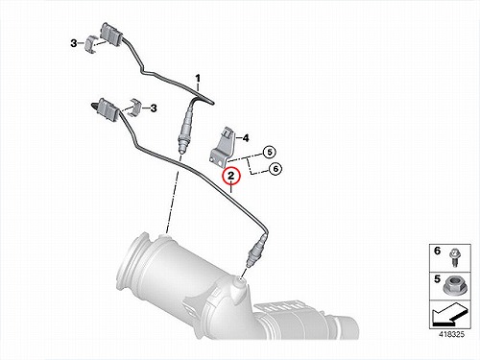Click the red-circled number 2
[x=231, y=176]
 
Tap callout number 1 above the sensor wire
[x=198, y=78]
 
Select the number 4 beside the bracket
[x=246, y=138]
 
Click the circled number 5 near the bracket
[x=270, y=152]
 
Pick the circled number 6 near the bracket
[x=276, y=168]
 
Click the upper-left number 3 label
[x=74, y=43]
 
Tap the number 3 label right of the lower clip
[x=154, y=108]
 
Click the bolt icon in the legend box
[x=453, y=257]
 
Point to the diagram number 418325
[x=451, y=334]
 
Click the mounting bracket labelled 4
[x=223, y=147]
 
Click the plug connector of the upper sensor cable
[x=110, y=35]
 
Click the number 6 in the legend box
[x=438, y=252]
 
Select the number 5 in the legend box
[x=437, y=279]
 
